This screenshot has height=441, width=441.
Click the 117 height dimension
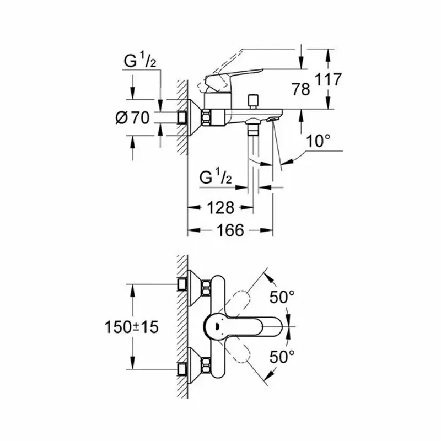pyautogui.click(x=329, y=79)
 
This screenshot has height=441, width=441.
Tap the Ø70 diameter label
pyautogui.click(x=133, y=117)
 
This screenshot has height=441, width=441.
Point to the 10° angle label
pyautogui.click(x=319, y=141)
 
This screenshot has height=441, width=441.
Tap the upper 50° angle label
pyautogui.click(x=282, y=298)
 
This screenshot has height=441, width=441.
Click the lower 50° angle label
pyautogui.click(x=282, y=357)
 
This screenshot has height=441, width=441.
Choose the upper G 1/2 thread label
pyautogui.click(x=140, y=61)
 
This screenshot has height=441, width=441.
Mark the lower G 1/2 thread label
pyautogui.click(x=217, y=178)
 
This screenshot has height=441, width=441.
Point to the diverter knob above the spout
pyautogui.click(x=254, y=100)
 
